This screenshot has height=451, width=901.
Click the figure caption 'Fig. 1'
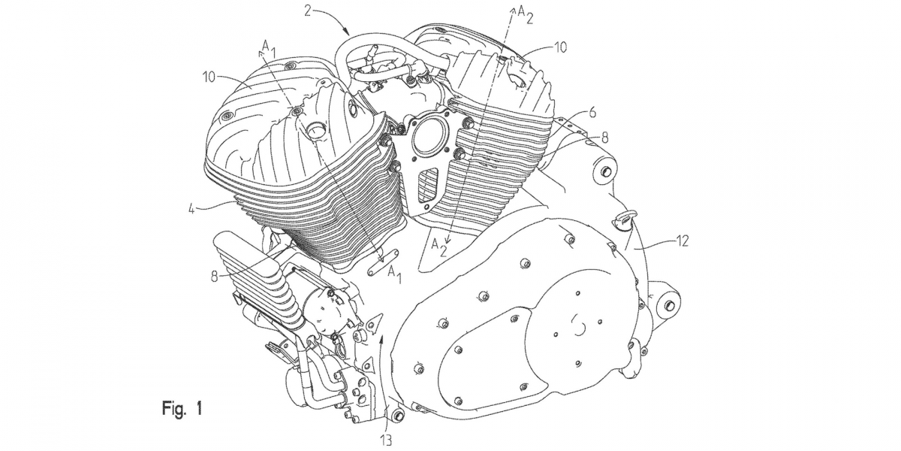182,408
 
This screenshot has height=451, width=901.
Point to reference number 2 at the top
307,11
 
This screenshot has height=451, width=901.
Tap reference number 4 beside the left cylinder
192,210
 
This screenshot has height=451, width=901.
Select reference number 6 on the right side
592,113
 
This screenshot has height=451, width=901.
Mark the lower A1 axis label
395,275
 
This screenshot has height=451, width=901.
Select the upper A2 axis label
525,15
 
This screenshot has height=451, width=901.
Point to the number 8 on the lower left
214,277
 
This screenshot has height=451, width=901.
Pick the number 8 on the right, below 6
604,138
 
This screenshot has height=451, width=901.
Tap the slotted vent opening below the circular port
428,184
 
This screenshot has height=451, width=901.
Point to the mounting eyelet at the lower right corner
669,306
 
